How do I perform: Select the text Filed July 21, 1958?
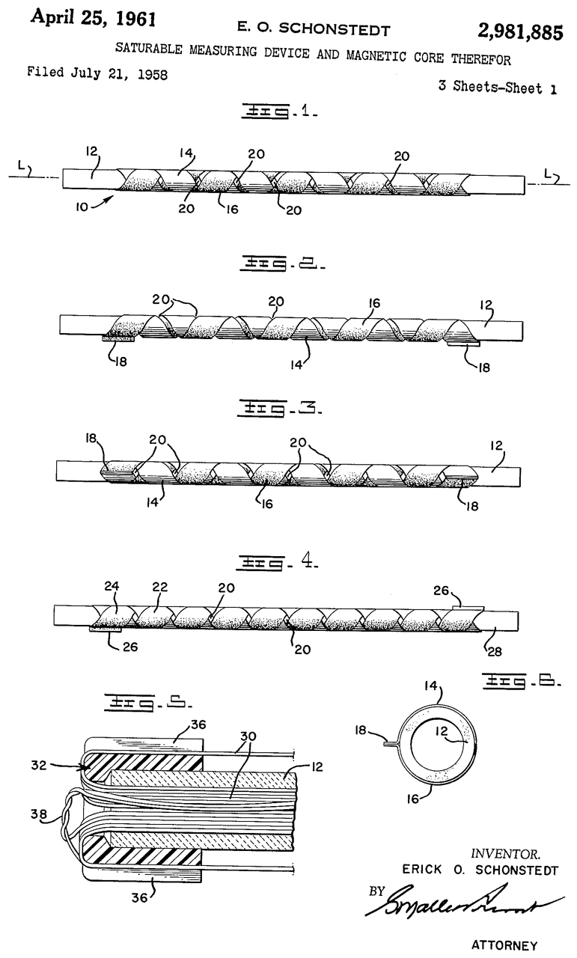click(97, 73)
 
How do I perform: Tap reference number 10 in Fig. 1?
click(87, 203)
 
